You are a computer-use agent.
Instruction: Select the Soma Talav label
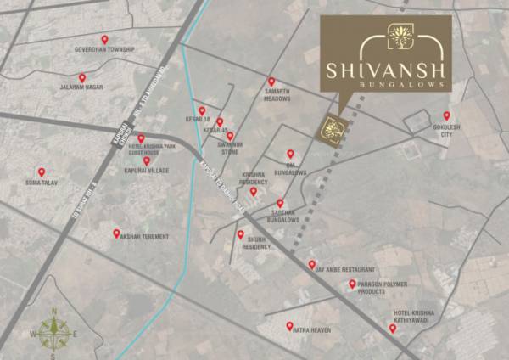41,182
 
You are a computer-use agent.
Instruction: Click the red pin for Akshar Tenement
117,233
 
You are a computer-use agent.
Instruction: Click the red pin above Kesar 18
202,110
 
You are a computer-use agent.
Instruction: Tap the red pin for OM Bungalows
290,154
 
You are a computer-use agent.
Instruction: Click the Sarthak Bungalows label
278,217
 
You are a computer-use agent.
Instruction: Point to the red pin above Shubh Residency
241,233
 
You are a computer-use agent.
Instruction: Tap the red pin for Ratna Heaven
288,326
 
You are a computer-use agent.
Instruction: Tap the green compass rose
54,333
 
